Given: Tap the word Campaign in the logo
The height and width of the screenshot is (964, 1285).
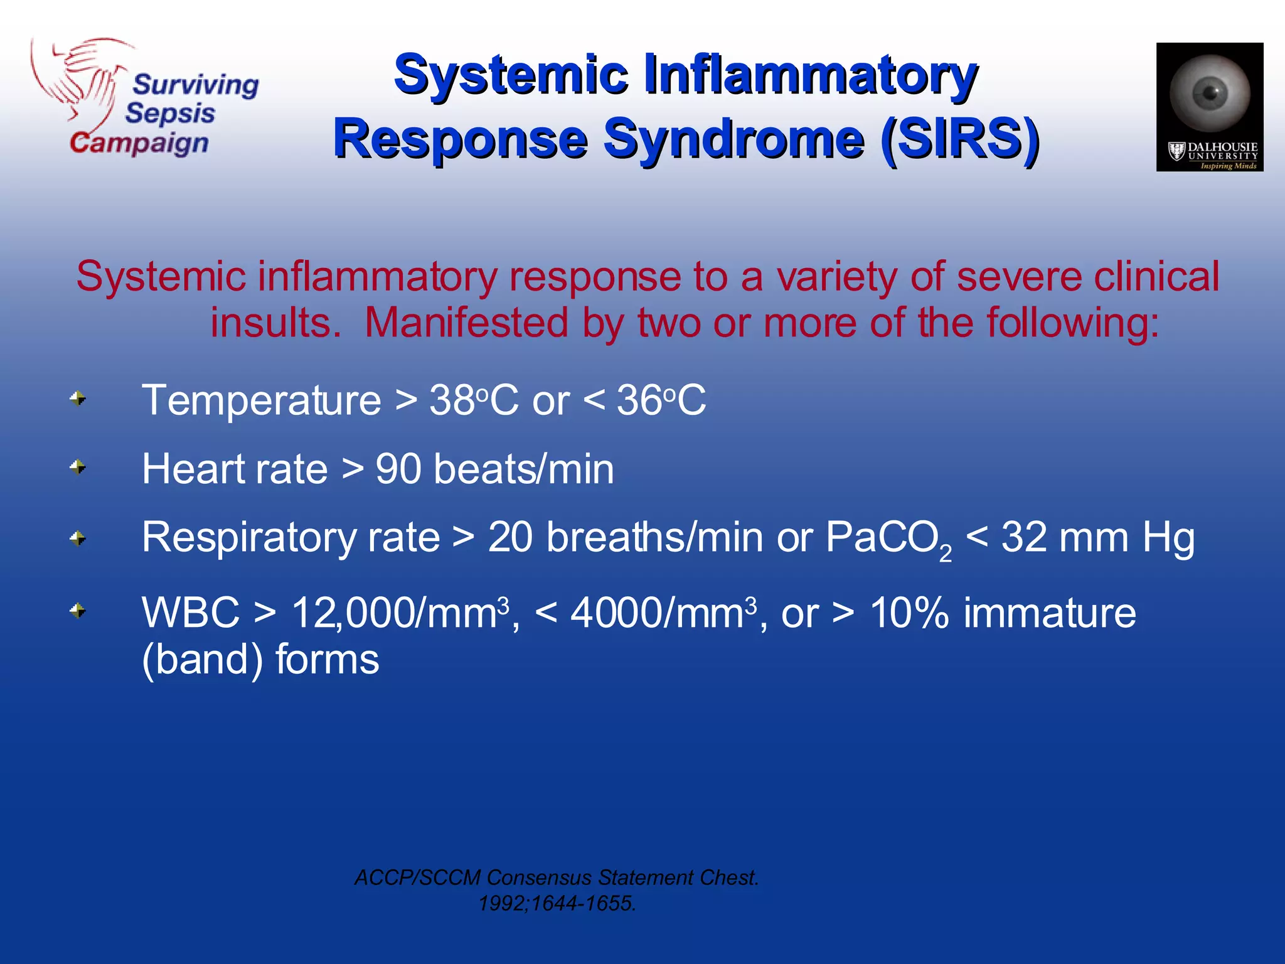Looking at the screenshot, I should coord(139,144).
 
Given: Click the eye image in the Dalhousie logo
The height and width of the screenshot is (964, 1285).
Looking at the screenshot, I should coord(1210,93).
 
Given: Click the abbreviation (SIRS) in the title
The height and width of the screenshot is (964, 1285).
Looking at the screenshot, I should coord(959,139).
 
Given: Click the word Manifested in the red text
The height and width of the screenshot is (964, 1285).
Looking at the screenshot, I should coord(467,323).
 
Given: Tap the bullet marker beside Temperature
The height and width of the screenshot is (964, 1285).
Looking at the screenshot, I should coord(78,399).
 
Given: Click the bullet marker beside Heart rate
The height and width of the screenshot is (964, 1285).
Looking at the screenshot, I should coord(78,468).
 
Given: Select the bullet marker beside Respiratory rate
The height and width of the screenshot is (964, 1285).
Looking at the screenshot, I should coord(78,538).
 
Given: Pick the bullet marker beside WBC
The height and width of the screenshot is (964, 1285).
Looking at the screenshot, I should coord(78,611).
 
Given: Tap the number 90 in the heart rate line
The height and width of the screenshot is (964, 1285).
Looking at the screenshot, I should coord(398,469).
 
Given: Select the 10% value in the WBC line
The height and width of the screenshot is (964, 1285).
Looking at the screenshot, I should coord(909,614).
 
